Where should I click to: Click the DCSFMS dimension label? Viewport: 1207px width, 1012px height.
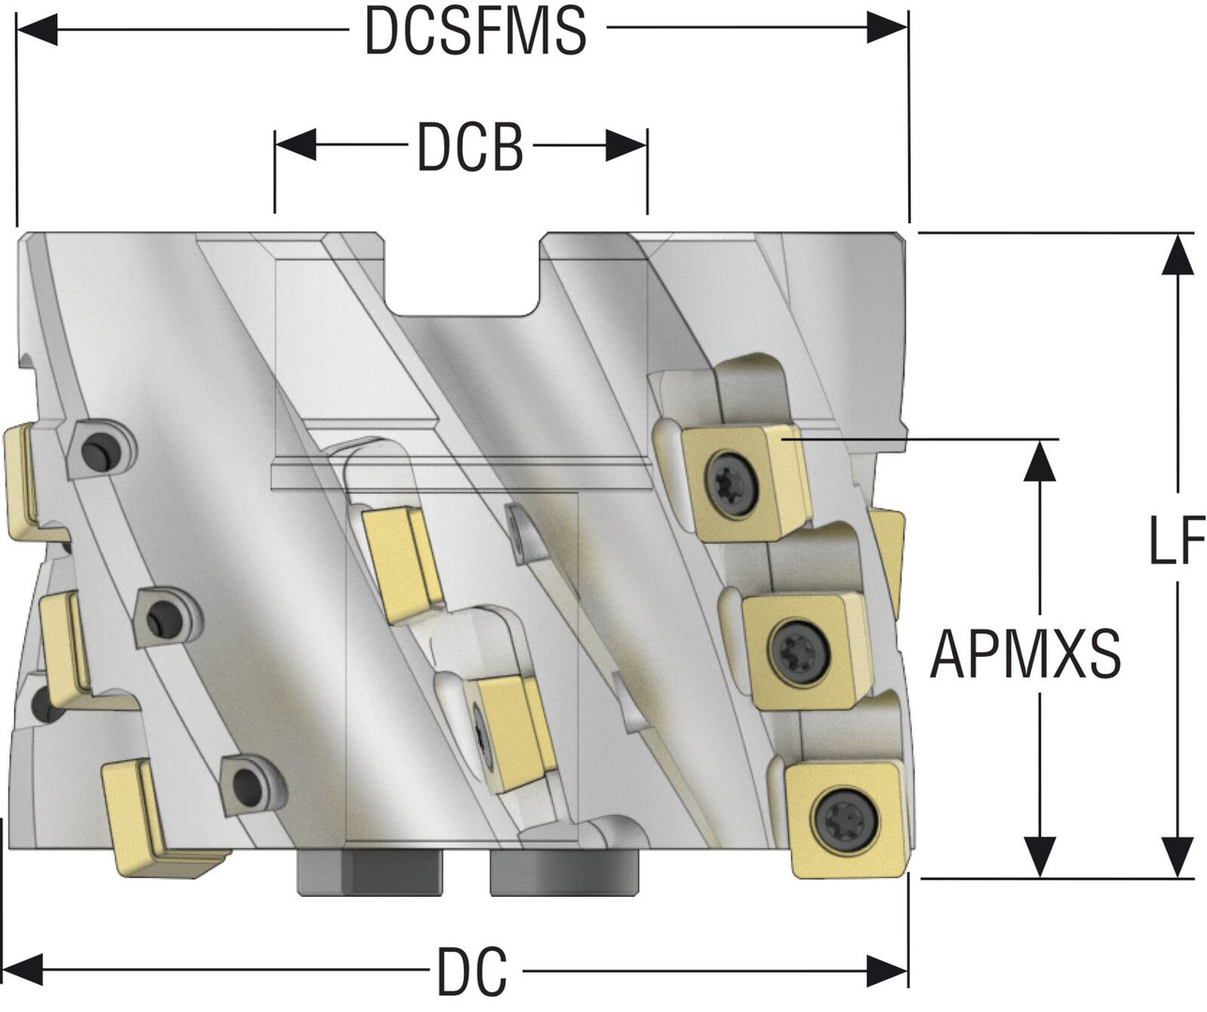(x=476, y=31)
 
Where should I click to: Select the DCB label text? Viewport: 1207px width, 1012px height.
(x=470, y=148)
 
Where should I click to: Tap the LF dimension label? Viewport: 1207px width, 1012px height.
(x=1176, y=541)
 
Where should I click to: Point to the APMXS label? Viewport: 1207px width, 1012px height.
(x=1025, y=655)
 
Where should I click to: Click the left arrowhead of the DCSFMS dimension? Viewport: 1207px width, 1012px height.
(x=37, y=29)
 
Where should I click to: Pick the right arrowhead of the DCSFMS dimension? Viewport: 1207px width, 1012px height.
(x=887, y=28)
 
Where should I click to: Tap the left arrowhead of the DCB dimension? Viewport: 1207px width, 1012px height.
(x=295, y=144)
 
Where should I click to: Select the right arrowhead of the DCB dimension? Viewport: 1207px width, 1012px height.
(x=626, y=145)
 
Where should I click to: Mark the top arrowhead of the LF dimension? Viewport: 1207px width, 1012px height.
(x=1178, y=254)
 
